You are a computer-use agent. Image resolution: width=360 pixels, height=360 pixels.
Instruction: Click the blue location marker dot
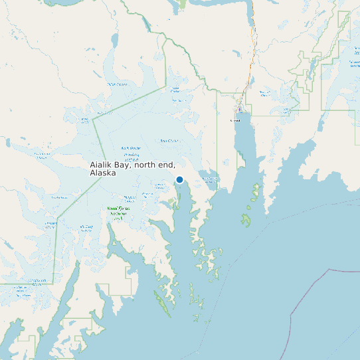(x=179, y=179)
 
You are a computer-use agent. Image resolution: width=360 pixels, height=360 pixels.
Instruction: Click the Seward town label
(x=234, y=121)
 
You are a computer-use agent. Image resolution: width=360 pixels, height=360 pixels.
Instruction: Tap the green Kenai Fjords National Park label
(x=117, y=213)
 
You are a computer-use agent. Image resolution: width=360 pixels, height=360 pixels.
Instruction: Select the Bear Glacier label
(x=169, y=141)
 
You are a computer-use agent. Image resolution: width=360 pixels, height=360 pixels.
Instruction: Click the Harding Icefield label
(x=131, y=157)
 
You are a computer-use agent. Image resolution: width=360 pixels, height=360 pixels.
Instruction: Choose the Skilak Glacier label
(x=117, y=84)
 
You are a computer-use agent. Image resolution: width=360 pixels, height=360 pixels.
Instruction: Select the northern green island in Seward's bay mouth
(x=255, y=192)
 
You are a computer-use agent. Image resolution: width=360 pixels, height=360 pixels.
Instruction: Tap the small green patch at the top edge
(x=182, y=5)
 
